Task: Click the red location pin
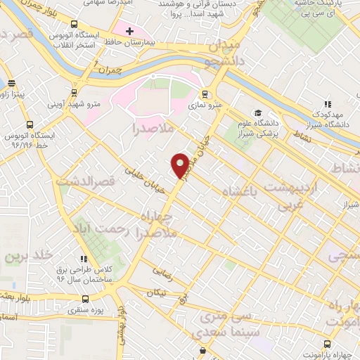point(181,165)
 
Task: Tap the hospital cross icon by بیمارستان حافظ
point(129,31)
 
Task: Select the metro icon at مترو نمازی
point(205,94)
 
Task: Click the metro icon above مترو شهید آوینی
point(75,91)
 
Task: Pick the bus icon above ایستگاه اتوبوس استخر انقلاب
point(75,21)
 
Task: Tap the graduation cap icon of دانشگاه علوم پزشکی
point(258,112)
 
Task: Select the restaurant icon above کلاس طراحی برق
point(84,259)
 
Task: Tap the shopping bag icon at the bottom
point(203,350)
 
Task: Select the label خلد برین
point(28,257)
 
